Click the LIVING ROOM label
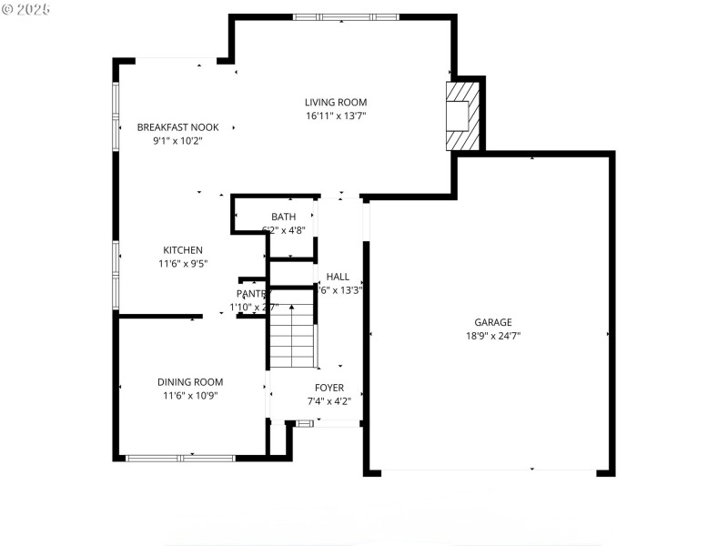[x=336, y=103]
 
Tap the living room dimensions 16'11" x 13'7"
[x=336, y=116]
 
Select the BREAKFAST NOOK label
[x=177, y=127]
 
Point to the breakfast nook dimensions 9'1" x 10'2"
[x=177, y=141]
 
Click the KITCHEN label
[x=183, y=250]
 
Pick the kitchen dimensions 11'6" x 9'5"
[x=183, y=264]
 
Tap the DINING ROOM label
[x=190, y=382]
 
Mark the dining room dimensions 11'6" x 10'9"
[x=190, y=395]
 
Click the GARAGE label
[x=493, y=322]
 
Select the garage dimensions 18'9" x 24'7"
[x=493, y=335]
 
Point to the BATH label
[x=283, y=217]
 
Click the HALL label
[x=338, y=277]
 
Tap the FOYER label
[x=329, y=388]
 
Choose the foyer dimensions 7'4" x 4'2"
[x=329, y=400]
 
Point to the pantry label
[x=251, y=294]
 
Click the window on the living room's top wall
[x=346, y=17]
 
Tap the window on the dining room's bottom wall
[x=180, y=457]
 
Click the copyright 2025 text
[x=27, y=8]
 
